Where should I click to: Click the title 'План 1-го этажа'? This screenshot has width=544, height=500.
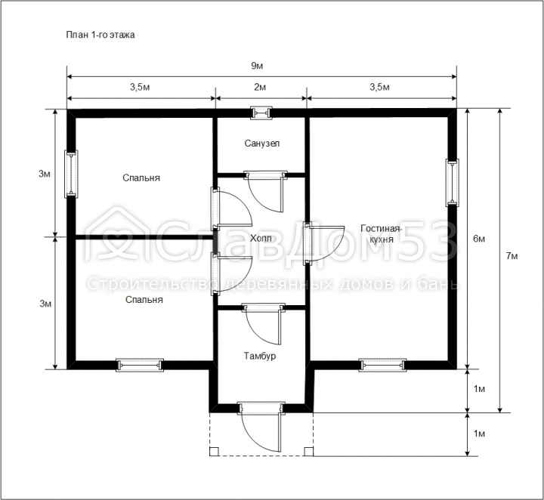tap(100, 35)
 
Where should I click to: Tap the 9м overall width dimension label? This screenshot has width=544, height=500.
tap(257, 66)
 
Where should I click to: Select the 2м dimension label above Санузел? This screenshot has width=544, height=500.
tap(260, 87)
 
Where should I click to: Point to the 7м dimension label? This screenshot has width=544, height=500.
tap(512, 256)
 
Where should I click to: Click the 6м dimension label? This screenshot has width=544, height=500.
tap(479, 239)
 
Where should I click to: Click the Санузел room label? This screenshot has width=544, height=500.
tap(262, 144)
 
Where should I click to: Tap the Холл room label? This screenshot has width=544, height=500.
tap(261, 238)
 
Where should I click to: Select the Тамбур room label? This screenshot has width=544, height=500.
tap(259, 356)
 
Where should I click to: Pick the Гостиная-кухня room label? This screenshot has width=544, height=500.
tap(382, 233)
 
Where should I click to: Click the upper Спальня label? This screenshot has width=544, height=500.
tap(141, 178)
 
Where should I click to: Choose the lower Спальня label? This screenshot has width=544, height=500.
tap(144, 300)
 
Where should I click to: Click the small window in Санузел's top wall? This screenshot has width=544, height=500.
tap(261, 113)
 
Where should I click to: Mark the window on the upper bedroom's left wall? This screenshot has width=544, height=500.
tap(71, 174)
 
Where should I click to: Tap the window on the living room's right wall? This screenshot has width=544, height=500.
tap(452, 182)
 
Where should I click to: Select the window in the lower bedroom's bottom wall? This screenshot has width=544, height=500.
tap(140, 365)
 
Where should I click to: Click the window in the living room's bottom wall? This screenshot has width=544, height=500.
tap(382, 365)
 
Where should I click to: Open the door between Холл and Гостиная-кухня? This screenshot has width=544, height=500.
tap(323, 243)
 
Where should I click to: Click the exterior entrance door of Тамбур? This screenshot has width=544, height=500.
tap(261, 427)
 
